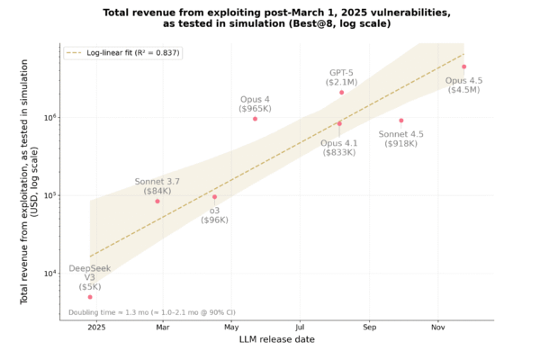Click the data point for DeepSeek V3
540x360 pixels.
click(90, 296)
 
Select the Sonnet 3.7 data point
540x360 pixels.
click(157, 201)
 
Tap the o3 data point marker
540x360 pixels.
click(214, 196)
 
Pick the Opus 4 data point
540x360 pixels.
click(256, 119)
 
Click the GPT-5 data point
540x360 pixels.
click(342, 92)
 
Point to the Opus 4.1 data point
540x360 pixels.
click(339, 124)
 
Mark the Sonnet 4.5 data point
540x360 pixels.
click(401, 121)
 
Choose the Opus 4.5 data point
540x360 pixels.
click(464, 67)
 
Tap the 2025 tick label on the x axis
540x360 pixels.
click(96, 328)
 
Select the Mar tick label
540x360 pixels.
click(163, 328)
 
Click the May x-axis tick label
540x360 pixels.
click(231, 328)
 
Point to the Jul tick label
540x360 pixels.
click(300, 328)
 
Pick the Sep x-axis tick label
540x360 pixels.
click(368, 328)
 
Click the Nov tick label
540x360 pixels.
click(437, 328)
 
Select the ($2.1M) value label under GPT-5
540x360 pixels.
click(342, 82)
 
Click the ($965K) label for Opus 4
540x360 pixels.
click(255, 108)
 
